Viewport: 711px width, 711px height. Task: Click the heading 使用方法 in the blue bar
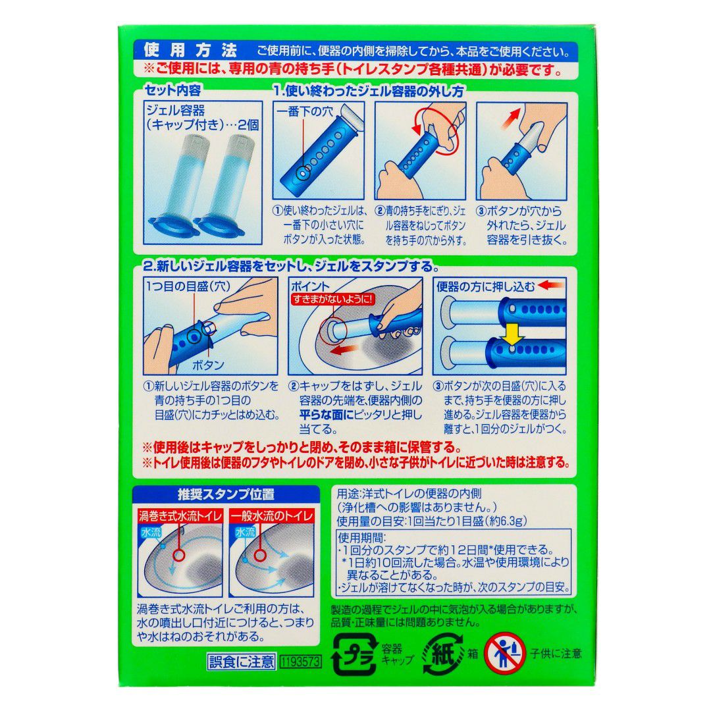click(190, 51)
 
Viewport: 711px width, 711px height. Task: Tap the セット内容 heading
click(172, 91)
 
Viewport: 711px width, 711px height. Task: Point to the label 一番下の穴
click(304, 112)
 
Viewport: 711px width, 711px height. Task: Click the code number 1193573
click(301, 662)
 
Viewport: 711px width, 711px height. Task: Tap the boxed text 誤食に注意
click(242, 662)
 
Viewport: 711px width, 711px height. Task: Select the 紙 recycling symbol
click(444, 654)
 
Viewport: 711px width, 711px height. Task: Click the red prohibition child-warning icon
click(505, 654)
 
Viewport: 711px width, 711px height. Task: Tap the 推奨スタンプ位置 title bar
click(226, 494)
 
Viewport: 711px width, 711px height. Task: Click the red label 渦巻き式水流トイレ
click(180, 516)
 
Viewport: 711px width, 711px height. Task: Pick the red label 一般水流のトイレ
click(272, 516)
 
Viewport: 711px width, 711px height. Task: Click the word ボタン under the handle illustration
click(208, 365)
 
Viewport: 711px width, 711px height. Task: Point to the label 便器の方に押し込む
click(486, 286)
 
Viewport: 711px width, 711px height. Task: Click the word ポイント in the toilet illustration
click(310, 286)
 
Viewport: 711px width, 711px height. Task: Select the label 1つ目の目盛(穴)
click(188, 286)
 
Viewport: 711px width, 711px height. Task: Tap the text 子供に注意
click(556, 654)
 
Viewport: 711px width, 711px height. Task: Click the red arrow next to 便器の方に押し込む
click(552, 286)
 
